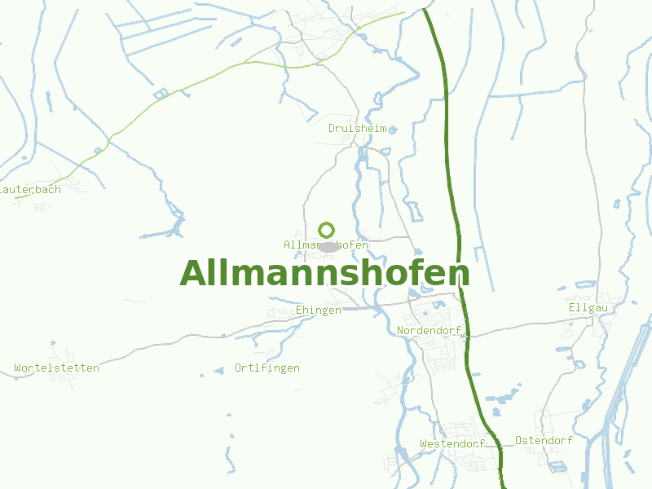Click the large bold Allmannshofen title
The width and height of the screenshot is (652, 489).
pos(324,273)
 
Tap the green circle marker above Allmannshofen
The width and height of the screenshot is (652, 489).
pos(327,230)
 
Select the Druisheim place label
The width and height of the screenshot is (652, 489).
pos(357,129)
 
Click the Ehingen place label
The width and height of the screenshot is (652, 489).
pos(319,311)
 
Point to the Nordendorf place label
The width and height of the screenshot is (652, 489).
pos(429,330)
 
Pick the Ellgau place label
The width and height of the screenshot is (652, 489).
pos(588,307)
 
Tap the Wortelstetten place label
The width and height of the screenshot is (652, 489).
pos(57,368)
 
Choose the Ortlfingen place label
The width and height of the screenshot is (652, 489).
pos(267,368)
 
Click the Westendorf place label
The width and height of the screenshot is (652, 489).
pos(452,443)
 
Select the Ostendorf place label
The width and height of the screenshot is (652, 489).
pos(544,440)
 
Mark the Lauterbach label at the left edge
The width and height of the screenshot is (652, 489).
pos(30,189)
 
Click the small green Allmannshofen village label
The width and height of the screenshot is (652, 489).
pos(326,244)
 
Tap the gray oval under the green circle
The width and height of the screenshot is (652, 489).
pos(328,246)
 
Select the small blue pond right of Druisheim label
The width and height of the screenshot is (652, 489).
pos(393,129)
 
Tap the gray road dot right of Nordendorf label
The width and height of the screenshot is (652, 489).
pos(465,333)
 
